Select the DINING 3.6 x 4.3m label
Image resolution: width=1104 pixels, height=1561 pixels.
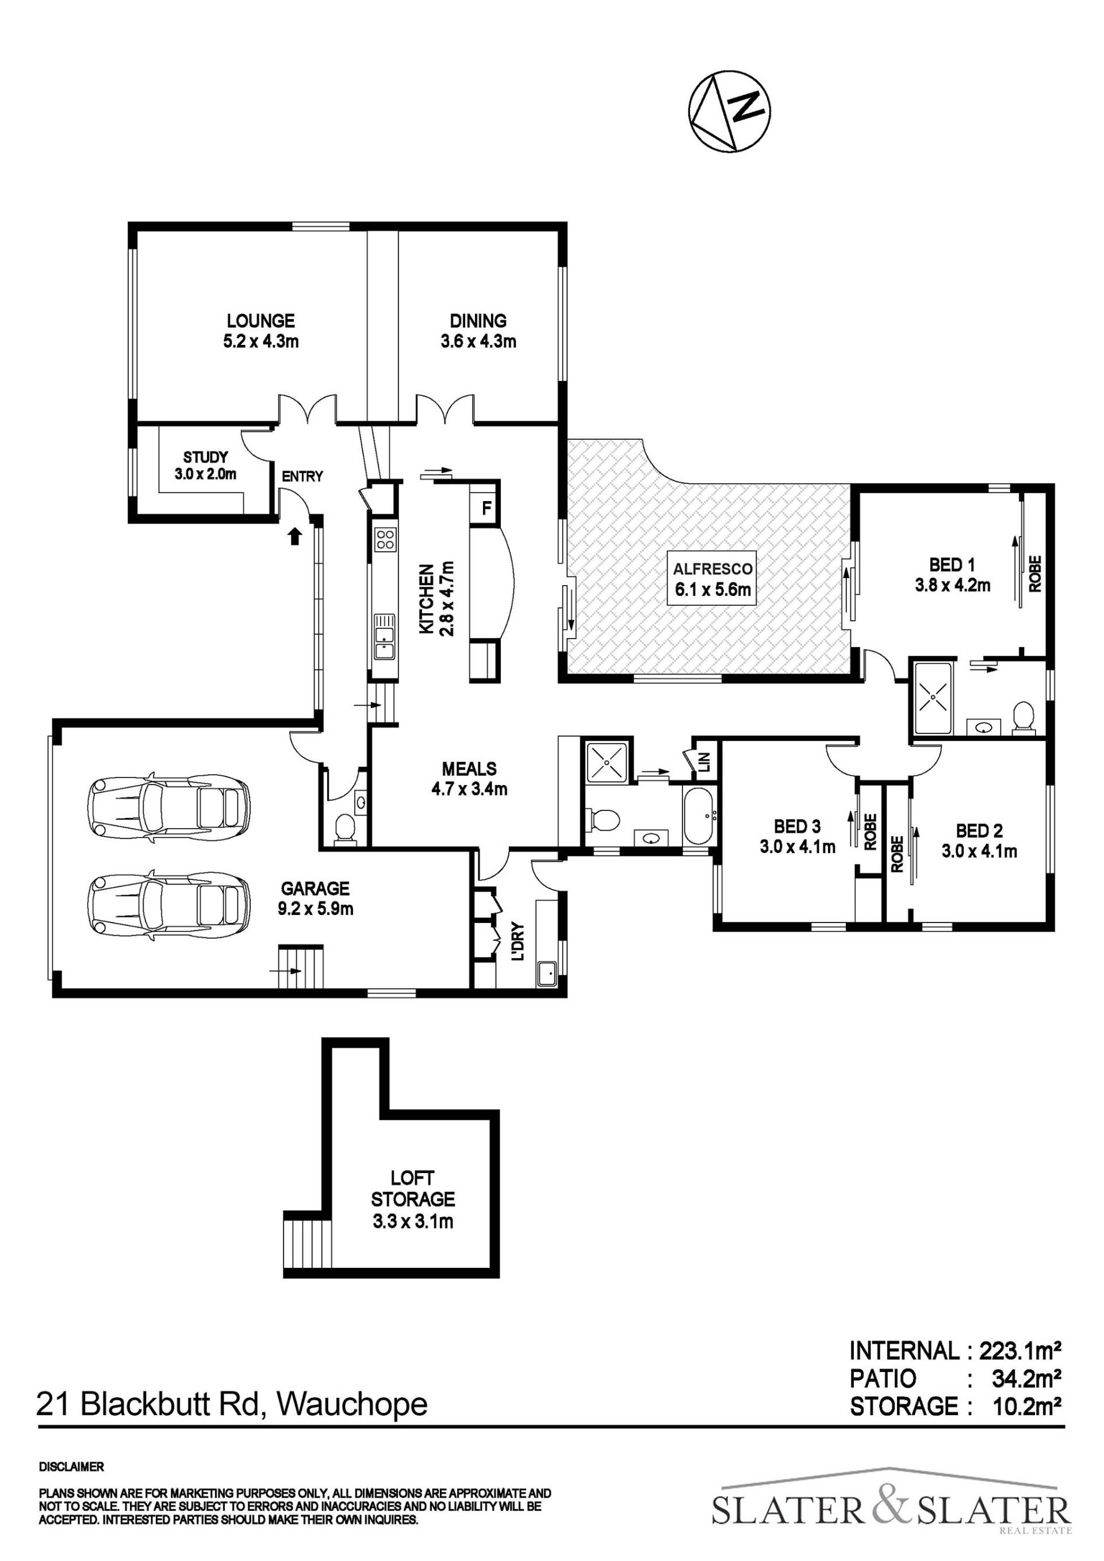coord(478,330)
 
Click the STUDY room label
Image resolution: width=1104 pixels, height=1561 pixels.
coord(205,457)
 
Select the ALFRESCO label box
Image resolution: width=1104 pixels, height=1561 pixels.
coord(713,579)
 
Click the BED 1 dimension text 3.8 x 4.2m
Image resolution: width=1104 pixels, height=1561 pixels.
coord(952,584)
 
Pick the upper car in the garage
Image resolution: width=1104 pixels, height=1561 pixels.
coord(168,805)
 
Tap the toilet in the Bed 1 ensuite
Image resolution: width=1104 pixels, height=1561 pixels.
coord(1022,718)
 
